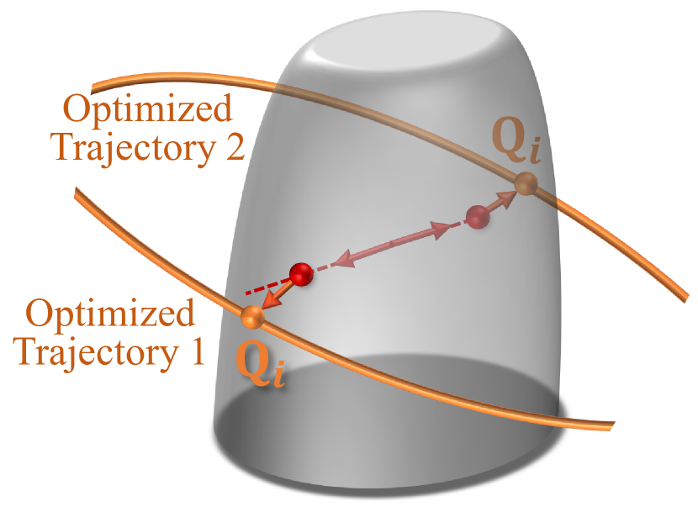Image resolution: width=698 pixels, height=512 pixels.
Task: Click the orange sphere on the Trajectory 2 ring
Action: (x=526, y=183)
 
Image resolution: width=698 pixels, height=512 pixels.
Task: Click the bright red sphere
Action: (x=300, y=273)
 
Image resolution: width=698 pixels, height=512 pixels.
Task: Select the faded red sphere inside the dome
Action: (x=478, y=216)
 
